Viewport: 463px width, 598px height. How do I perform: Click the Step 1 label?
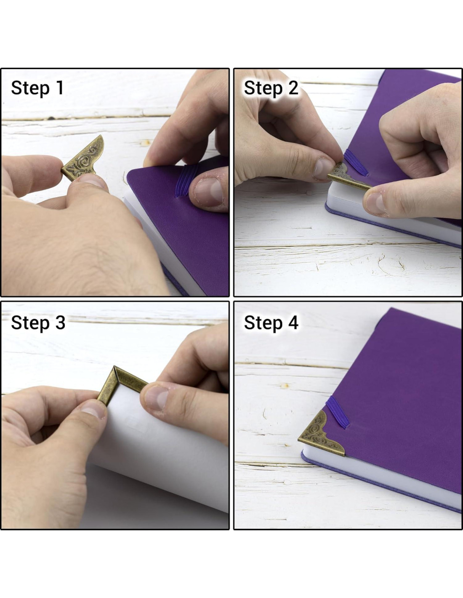click(x=37, y=88)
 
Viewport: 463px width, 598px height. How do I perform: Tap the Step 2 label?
click(x=271, y=88)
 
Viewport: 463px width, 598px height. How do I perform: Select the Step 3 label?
click(x=38, y=323)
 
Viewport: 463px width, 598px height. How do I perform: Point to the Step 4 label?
click(x=271, y=323)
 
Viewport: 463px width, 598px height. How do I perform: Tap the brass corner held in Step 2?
click(x=348, y=177)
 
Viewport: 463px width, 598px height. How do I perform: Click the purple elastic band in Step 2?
click(x=356, y=162)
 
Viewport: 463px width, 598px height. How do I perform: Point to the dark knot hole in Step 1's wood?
click(x=51, y=118)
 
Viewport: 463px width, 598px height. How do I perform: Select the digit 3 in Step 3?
click(x=60, y=323)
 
